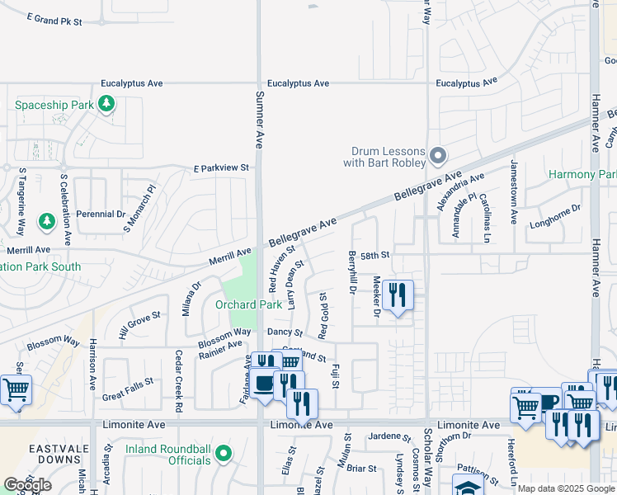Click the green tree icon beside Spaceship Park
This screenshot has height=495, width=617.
[106, 104]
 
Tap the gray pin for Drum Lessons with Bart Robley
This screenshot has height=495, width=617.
[439, 155]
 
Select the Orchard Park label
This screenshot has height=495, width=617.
[248, 304]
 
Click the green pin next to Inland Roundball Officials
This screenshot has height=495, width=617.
[224, 455]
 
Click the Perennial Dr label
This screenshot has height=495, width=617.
[100, 214]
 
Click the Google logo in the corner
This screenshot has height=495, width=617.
[27, 485]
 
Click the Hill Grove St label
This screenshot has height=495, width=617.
[139, 325]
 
